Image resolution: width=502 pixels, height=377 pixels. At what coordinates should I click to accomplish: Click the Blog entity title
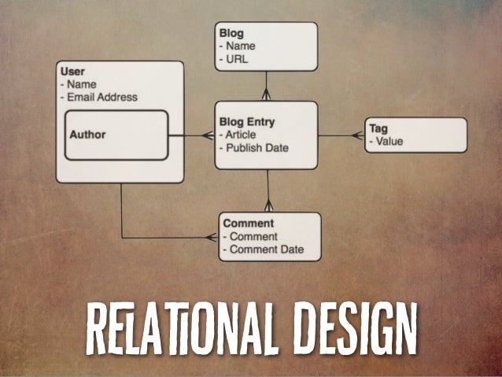point(233,34)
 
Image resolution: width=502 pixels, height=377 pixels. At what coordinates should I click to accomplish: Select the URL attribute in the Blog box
point(238,58)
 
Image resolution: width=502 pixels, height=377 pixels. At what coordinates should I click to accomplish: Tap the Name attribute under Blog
point(242,46)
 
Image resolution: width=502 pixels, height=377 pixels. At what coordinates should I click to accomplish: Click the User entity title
point(72,72)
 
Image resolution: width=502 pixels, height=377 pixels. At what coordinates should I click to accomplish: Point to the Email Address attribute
point(102,97)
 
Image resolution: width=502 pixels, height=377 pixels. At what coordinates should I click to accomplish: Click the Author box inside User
point(116,135)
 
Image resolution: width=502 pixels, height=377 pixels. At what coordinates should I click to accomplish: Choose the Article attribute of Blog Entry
point(240,135)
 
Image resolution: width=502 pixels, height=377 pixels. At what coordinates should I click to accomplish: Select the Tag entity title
point(378,129)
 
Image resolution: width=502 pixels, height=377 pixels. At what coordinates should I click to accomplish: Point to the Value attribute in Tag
point(388,142)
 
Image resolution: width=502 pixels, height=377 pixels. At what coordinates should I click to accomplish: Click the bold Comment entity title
point(248,224)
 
